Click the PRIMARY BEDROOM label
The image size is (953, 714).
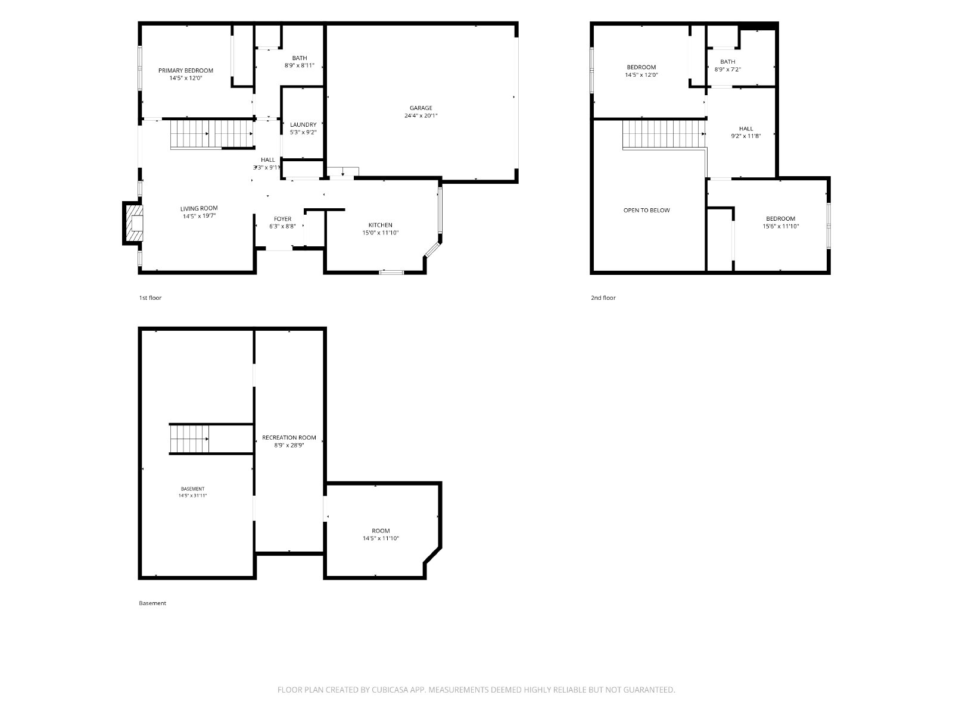click(185, 71)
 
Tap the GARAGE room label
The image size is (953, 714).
click(421, 108)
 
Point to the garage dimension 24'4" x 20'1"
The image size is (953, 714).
click(421, 116)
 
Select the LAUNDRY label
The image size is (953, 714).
click(303, 125)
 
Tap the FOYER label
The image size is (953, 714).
click(282, 219)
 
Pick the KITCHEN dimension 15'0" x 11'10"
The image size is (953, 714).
click(381, 233)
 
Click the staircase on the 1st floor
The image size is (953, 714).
click(212, 134)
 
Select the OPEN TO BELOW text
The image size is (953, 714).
click(646, 210)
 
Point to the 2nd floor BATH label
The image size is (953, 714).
click(728, 62)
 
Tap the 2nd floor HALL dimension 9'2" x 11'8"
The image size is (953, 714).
click(746, 136)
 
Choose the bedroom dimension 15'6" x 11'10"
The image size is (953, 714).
click(781, 226)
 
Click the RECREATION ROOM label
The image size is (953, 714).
click(289, 438)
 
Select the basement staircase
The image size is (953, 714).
click(189, 439)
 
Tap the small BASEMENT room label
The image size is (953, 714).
click(192, 489)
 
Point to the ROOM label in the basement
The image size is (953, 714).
click(381, 531)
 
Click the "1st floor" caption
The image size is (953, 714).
click(150, 298)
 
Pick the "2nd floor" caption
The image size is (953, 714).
click(603, 298)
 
